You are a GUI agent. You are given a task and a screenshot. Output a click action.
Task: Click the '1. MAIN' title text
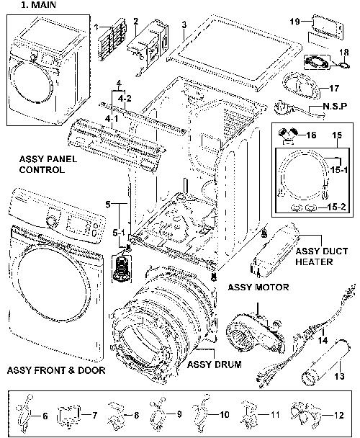point(38,5)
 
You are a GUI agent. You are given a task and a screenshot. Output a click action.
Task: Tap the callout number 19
point(294,21)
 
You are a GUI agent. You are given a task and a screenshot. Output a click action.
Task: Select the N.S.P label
point(335,106)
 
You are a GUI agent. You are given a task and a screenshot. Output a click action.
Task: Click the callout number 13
point(339,376)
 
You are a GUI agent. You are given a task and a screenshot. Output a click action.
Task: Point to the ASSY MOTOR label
point(258,287)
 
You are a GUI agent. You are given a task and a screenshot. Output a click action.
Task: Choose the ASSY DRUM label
point(215,365)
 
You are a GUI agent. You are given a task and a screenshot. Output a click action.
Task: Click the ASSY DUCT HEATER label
point(321,256)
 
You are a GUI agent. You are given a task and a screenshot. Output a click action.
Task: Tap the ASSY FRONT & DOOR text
point(56,370)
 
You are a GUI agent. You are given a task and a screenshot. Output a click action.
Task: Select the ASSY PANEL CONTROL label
point(48,164)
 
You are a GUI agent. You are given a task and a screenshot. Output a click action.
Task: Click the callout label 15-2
point(336,207)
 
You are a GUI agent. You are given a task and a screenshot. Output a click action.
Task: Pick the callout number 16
point(311,135)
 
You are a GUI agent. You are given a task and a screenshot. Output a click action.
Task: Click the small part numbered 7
point(68,416)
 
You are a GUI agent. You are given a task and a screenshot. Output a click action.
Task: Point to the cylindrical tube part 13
point(325,362)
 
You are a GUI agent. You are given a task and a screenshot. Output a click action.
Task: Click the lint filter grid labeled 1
point(112,39)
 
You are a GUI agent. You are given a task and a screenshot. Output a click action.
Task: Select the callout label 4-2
point(125,99)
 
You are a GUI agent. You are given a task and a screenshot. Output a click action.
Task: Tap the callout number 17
point(334,89)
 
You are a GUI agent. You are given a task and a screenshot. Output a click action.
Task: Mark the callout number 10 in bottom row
point(224,414)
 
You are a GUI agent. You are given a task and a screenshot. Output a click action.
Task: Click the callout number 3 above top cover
point(184,25)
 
